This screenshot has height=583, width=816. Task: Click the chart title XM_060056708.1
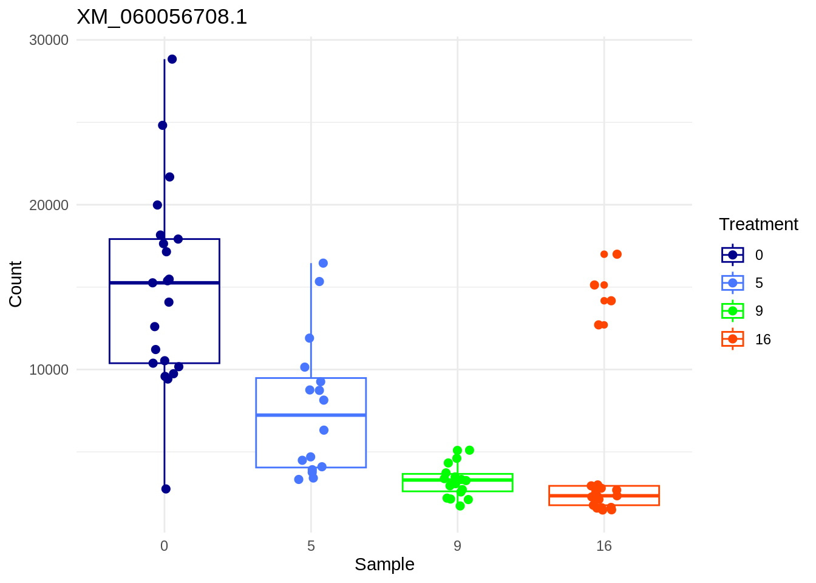pyautogui.click(x=162, y=17)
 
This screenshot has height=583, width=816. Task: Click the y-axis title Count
pyautogui.click(x=16, y=284)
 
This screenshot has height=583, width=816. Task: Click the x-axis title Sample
pyautogui.click(x=384, y=564)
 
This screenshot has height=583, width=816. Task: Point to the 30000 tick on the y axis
pyautogui.click(x=49, y=40)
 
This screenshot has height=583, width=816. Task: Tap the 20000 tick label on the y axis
pyautogui.click(x=49, y=205)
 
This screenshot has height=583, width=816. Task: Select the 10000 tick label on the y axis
pyautogui.click(x=49, y=370)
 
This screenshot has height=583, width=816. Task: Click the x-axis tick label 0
pyautogui.click(x=164, y=546)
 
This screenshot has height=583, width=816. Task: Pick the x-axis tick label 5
pyautogui.click(x=311, y=546)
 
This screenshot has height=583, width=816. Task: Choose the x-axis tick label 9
pyautogui.click(x=457, y=546)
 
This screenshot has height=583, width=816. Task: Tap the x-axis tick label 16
pyautogui.click(x=604, y=546)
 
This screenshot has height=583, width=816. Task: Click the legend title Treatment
pyautogui.click(x=758, y=225)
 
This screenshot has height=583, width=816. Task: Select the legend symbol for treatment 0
pyautogui.click(x=732, y=255)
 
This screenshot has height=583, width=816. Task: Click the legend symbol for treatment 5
pyautogui.click(x=732, y=283)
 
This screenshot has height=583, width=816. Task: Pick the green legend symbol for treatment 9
pyautogui.click(x=732, y=311)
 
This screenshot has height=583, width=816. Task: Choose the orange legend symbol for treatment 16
pyautogui.click(x=732, y=339)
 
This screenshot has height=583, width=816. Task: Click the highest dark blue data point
pyautogui.click(x=172, y=59)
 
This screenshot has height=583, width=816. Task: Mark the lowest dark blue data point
pyautogui.click(x=166, y=489)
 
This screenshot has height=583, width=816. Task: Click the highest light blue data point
pyautogui.click(x=323, y=263)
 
